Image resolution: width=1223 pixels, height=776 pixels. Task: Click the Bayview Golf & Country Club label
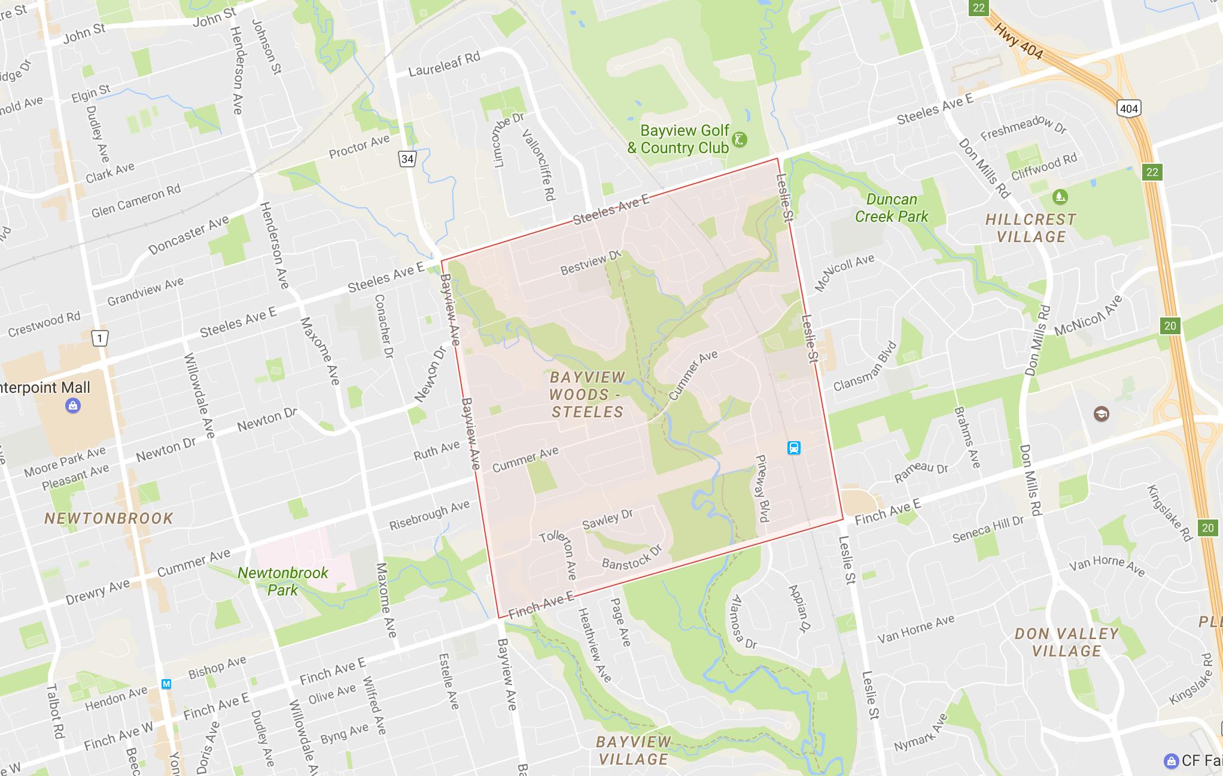tap(679, 139)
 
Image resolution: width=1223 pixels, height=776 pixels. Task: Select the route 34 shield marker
tap(407, 158)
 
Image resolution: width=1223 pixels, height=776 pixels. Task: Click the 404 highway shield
tap(1128, 108)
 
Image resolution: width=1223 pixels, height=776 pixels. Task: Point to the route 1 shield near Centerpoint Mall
tap(99, 338)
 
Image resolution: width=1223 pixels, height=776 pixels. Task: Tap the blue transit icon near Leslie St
tap(793, 448)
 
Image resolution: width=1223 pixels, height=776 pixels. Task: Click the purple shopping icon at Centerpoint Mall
tap(72, 406)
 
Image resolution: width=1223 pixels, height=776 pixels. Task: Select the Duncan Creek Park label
tap(892, 208)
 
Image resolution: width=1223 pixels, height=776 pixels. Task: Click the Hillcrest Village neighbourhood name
tap(1030, 228)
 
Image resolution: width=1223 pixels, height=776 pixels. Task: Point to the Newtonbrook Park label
tap(282, 581)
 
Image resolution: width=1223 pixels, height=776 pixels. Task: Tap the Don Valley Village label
tap(1066, 642)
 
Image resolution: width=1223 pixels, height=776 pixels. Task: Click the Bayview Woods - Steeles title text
tap(587, 395)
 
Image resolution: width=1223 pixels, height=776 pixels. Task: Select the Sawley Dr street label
tap(607, 518)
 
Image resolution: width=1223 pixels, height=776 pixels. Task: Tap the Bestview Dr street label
tap(591, 263)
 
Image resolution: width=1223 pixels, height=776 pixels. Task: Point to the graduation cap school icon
tap(1101, 414)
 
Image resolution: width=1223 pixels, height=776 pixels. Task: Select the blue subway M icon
tap(166, 684)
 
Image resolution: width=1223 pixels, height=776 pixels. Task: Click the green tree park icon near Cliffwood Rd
tap(1060, 196)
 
